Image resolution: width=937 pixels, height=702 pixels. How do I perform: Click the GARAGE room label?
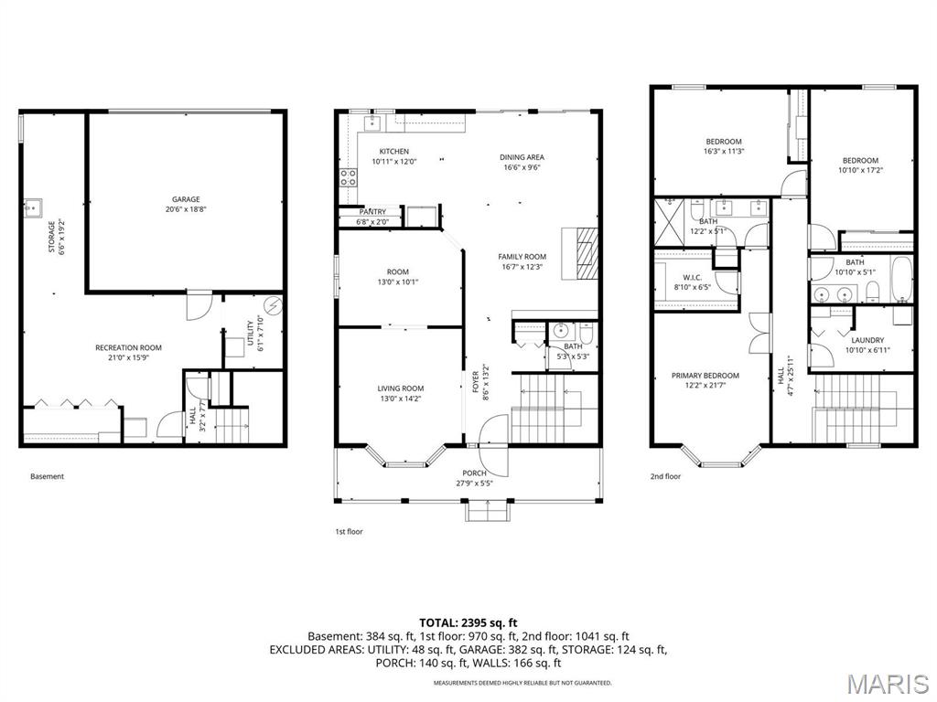(x=186, y=199)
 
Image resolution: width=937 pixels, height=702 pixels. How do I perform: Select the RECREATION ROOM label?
(x=128, y=347)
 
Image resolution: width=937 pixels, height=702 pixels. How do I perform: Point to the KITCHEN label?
(x=394, y=152)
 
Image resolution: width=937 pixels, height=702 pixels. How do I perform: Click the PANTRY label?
(x=372, y=211)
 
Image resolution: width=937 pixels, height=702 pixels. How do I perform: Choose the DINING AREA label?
(x=522, y=157)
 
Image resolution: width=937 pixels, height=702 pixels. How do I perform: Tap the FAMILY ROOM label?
(x=522, y=257)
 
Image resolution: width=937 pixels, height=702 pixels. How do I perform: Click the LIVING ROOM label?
(x=401, y=388)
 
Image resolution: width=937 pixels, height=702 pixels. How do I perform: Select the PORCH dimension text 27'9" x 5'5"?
(x=475, y=484)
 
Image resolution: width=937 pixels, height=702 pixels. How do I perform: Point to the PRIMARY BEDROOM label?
(x=705, y=376)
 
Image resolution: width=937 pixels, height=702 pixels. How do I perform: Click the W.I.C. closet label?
(x=692, y=277)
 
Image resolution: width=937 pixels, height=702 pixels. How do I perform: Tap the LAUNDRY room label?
(x=865, y=340)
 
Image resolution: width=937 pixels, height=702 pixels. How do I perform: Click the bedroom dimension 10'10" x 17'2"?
(x=861, y=170)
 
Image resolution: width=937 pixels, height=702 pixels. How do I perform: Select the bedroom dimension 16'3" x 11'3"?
(x=724, y=152)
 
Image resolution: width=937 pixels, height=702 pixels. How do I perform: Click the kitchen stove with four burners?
(x=348, y=177)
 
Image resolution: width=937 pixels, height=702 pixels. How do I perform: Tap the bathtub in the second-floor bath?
(x=900, y=281)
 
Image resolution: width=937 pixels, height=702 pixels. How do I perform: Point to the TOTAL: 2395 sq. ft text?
(x=468, y=622)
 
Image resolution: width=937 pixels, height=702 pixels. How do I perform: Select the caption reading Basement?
(x=48, y=476)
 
